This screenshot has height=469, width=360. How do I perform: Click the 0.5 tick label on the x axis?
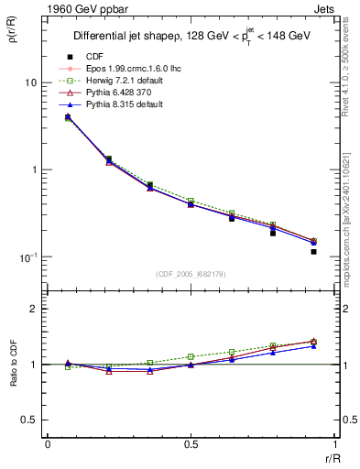tap(191, 444)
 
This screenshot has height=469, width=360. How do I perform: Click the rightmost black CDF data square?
tap(313, 251)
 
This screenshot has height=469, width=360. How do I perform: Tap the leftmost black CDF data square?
tap(68, 116)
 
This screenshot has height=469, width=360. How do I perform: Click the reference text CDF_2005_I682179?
tap(191, 273)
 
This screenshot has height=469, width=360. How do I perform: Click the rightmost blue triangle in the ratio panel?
tap(313, 346)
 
